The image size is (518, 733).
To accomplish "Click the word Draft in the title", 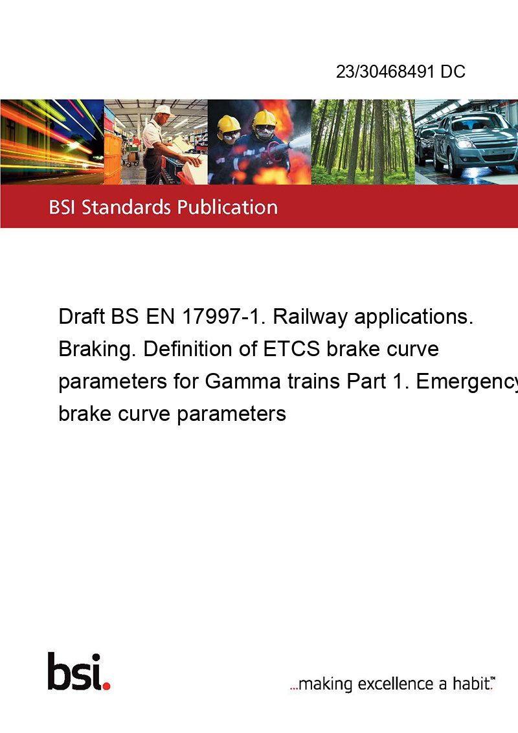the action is coord(82,317).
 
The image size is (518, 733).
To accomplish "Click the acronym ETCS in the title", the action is coord(292,349).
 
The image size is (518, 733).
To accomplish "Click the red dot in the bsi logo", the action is coord(106,686).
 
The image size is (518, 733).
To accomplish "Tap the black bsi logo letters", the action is coord(75,671).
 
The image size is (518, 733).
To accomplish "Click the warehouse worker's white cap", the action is coord(163,110).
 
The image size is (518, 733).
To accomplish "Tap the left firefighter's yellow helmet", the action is coord(229,124).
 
